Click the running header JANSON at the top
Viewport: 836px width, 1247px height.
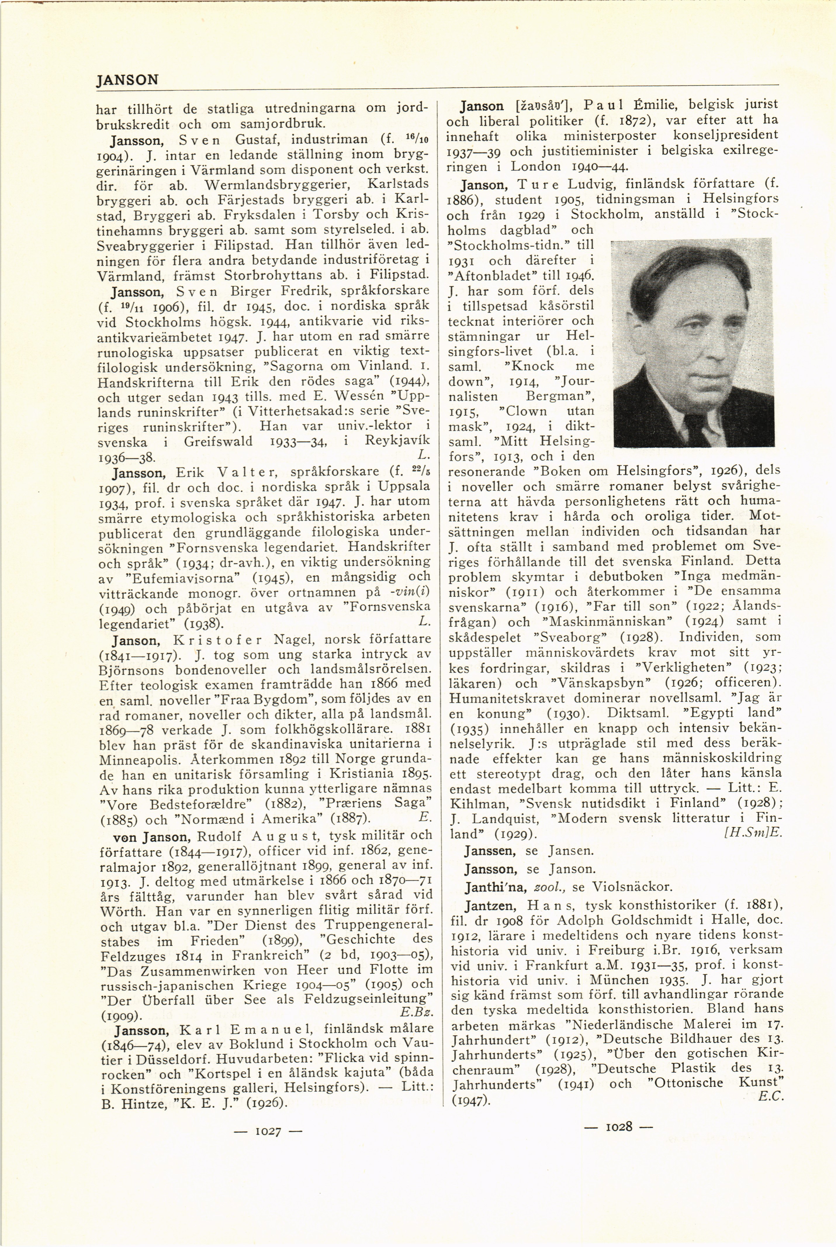[127, 80]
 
